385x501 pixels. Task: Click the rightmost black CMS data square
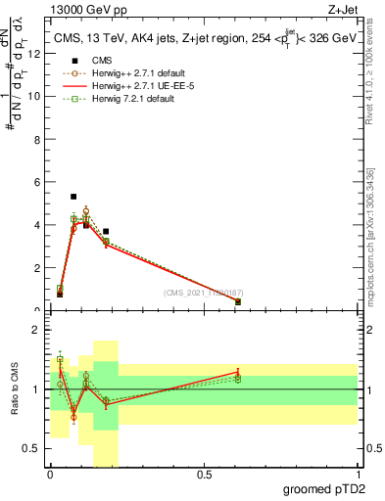238,301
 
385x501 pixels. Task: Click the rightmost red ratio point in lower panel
238,372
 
